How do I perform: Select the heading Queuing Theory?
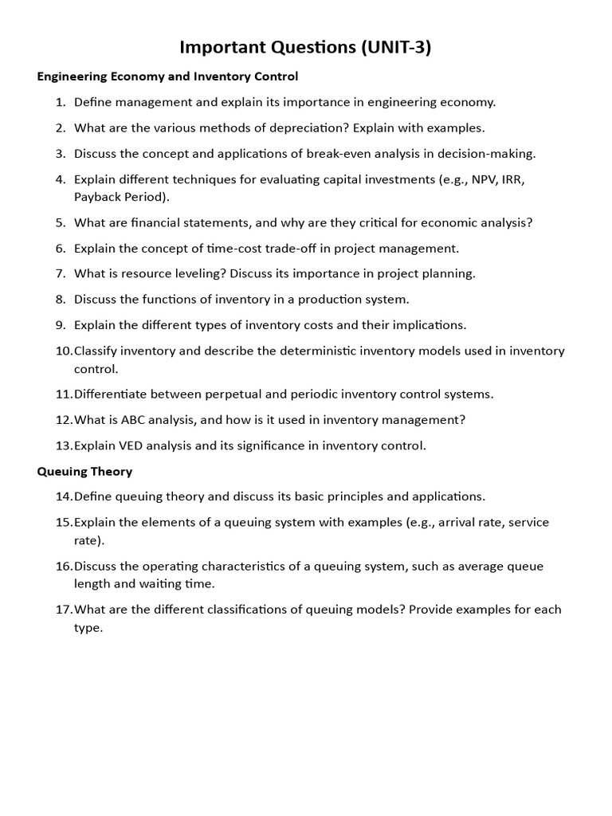(x=84, y=471)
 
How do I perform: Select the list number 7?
(x=60, y=273)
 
